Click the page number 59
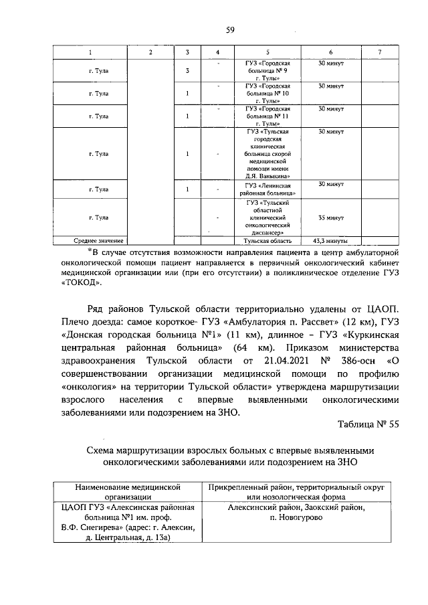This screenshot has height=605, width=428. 229,30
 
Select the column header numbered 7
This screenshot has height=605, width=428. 379,52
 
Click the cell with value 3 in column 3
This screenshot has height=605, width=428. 187,71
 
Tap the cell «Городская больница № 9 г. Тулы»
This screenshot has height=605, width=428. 267,70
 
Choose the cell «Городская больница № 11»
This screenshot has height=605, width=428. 267,116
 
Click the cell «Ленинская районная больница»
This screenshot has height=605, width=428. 267,189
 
